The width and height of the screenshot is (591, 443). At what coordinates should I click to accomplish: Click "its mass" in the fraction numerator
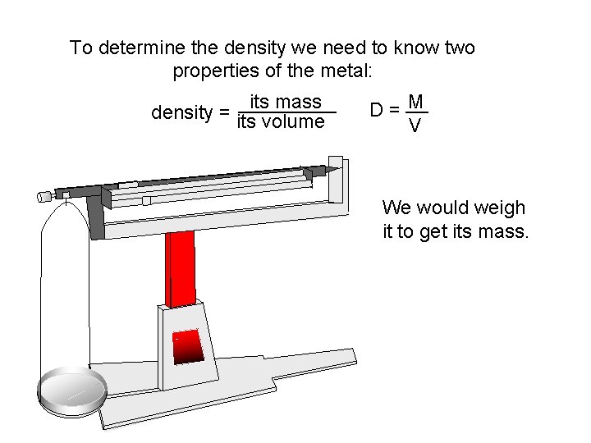point(285,102)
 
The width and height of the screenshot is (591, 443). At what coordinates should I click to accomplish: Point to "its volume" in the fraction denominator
point(281,122)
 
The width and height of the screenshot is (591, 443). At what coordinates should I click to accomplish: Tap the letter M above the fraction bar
point(416,102)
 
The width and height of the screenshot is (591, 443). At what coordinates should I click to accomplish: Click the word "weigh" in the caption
point(500,208)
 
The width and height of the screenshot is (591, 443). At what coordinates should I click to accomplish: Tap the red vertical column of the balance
point(181,267)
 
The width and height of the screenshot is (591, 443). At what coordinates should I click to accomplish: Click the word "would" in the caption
point(448,208)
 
